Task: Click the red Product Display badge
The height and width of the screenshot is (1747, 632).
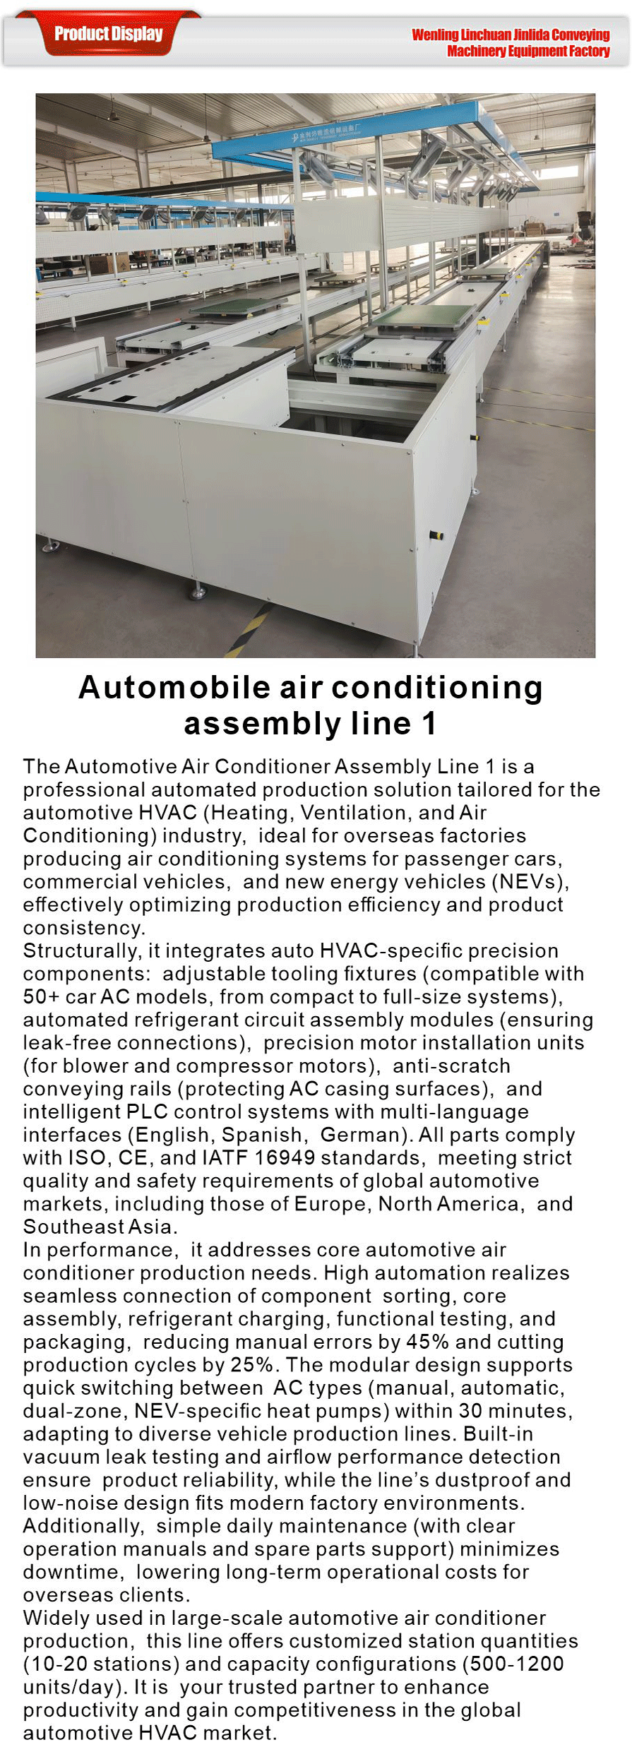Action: click(x=109, y=33)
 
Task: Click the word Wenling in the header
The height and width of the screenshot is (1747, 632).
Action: click(x=435, y=35)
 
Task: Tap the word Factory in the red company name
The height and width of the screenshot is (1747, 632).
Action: click(x=590, y=51)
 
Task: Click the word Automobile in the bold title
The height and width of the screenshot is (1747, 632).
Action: click(x=174, y=687)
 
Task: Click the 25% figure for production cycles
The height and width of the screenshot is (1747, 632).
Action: click(x=251, y=1364)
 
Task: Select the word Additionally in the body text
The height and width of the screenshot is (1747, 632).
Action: click(x=82, y=1525)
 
